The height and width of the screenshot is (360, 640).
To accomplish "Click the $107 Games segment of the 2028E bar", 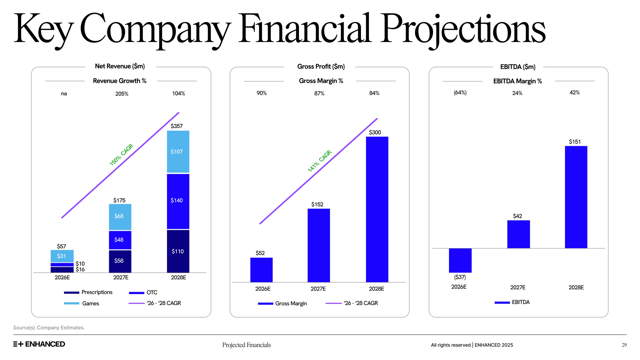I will (178, 152).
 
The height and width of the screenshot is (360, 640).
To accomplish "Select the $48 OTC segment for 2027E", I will (120, 240).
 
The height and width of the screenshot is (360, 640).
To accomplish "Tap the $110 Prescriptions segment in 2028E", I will (178, 251).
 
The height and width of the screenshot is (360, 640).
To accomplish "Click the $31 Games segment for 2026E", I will (62, 256).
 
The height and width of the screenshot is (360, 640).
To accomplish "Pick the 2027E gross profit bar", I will (319, 245).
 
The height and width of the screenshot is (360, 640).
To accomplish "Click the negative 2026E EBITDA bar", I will (460, 260).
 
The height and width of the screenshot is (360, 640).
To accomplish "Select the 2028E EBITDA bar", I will (576, 197).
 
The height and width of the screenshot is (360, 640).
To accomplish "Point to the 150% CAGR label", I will (121, 155).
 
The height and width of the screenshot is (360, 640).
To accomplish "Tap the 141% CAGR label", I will (319, 161).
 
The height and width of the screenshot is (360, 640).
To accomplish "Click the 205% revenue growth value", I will (122, 94).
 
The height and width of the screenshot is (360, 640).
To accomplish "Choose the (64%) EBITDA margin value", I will (460, 93).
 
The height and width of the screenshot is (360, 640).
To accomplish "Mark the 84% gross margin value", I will (374, 93).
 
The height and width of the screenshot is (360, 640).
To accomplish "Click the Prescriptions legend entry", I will (88, 292).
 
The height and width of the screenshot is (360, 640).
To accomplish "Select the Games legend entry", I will (82, 303).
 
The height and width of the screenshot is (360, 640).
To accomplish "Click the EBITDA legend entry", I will (512, 302).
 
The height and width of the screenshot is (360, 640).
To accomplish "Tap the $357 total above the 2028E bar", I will (177, 126).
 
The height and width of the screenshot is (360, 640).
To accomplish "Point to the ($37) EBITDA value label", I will (460, 277).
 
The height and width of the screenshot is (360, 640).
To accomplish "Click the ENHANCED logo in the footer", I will (39, 344).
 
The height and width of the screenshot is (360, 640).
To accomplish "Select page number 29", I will (624, 345).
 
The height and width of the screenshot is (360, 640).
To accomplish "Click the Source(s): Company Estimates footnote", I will (49, 328).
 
